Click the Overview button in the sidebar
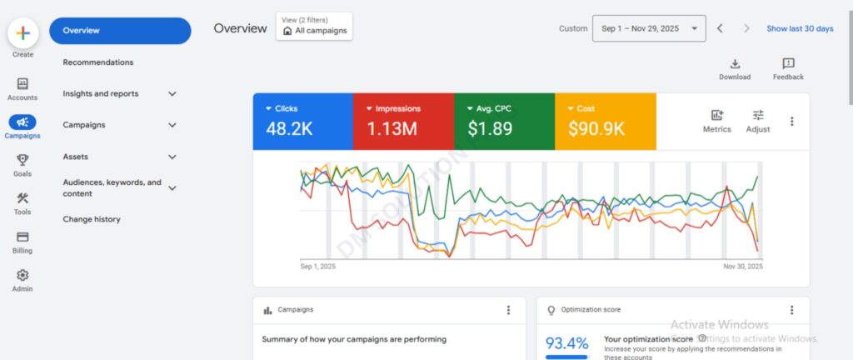coord(119,31)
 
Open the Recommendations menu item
coord(97,62)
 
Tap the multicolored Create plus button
coord(22,33)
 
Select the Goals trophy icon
coord(22,160)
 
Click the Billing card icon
coord(22,237)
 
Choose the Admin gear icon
coord(22,275)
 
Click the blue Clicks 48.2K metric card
coord(302,121)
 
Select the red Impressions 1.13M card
coord(403,121)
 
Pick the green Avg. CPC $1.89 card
coord(504,121)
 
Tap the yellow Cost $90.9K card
coord(605,121)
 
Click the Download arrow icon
coord(735,64)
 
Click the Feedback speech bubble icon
coord(788,64)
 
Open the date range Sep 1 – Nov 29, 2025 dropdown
coord(649,28)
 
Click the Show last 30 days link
coord(800,28)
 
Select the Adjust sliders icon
coord(758,116)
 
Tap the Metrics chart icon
coord(716,116)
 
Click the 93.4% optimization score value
coord(567,343)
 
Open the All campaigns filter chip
coord(315,30)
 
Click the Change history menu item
coord(92,219)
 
